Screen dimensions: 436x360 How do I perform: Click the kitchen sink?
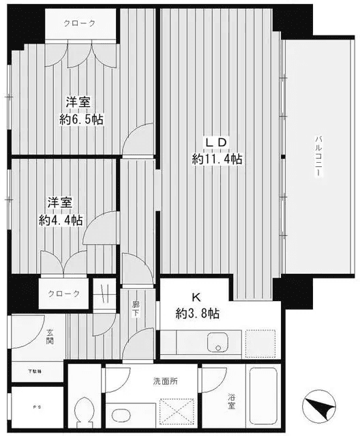click(x=217, y=343)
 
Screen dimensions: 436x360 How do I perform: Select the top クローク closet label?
click(x=80, y=23)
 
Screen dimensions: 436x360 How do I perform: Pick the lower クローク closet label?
click(x=63, y=294)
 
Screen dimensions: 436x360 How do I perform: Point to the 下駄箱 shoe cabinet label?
click(x=34, y=371)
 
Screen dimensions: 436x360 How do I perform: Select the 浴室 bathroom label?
click(x=232, y=402)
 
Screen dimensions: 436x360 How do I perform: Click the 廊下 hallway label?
click(x=135, y=310)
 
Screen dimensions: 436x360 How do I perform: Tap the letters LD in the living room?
click(x=217, y=142)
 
